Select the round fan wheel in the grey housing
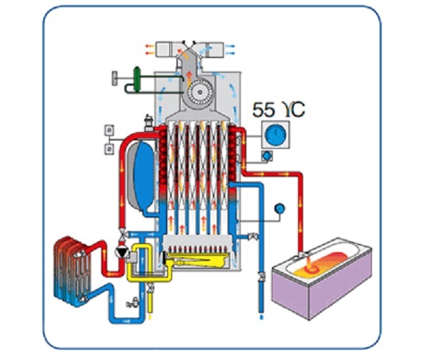(199, 91)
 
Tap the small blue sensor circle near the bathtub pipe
(280, 208)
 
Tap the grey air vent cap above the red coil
(148, 120)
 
